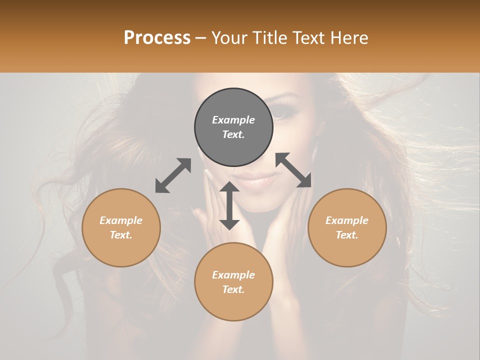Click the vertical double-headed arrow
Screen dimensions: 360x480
[229, 205]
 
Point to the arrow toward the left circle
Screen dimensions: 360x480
[173, 175]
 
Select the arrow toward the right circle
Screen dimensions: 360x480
[293, 170]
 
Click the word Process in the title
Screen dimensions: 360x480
[157, 37]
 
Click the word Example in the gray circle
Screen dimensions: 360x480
[233, 120]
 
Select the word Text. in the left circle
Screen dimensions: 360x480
[121, 235]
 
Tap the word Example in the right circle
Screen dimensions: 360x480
[347, 220]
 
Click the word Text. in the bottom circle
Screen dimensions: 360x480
[233, 289]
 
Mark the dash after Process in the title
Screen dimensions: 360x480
[201, 38]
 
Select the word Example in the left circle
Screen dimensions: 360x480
[121, 220]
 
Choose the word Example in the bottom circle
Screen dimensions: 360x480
[233, 275]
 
